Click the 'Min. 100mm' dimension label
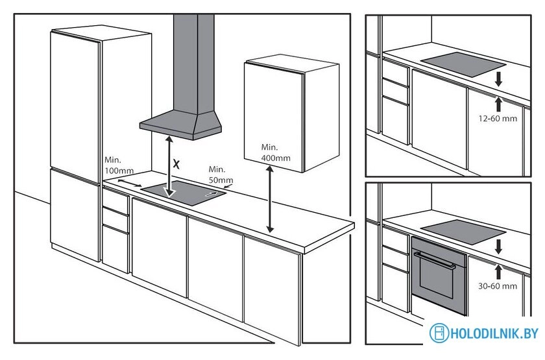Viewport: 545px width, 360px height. click(x=119, y=164)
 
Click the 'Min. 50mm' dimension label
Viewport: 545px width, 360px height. click(x=221, y=174)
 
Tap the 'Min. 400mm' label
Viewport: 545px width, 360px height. click(x=276, y=152)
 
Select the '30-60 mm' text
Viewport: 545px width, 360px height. click(x=497, y=285)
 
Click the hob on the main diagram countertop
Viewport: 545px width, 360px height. click(x=184, y=193)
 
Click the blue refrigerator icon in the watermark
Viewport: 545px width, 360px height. click(x=439, y=333)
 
